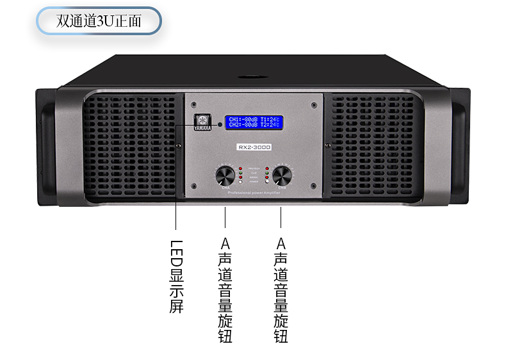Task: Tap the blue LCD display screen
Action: click(256, 122)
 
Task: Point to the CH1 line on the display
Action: click(256, 119)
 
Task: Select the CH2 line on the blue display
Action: click(256, 125)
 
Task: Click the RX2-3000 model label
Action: click(254, 147)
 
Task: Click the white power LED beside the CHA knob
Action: click(240, 183)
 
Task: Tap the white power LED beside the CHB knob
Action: click(266, 183)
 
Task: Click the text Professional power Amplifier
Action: click(254, 192)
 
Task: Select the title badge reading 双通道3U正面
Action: click(99, 22)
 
